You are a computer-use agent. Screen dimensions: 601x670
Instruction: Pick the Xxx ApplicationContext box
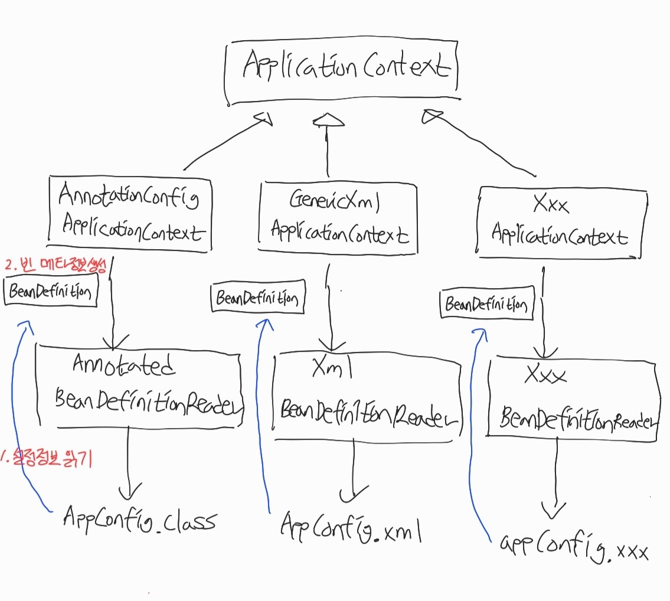pos(559,222)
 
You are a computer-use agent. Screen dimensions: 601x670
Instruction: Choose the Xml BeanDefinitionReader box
pos(367,396)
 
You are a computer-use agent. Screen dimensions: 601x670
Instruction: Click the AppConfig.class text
pos(139,520)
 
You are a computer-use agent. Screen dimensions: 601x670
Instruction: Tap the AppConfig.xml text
pos(351,526)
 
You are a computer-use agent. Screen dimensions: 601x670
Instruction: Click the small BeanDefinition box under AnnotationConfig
pos(51,292)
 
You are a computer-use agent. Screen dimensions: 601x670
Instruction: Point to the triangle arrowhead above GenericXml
pos(328,120)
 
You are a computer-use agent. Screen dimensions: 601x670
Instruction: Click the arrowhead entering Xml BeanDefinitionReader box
pos(332,345)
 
